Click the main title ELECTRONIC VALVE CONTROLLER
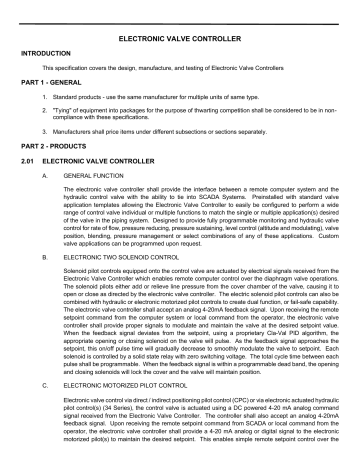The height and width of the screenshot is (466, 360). (180, 36)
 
